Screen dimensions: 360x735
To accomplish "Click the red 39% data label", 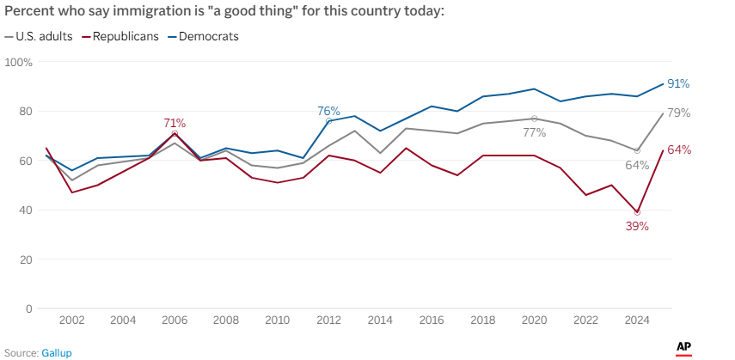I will pyautogui.click(x=637, y=226).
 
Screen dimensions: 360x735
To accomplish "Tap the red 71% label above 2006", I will pyautogui.click(x=175, y=123).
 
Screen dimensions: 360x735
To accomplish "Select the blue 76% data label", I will pyautogui.click(x=328, y=111).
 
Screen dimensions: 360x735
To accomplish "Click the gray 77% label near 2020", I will pyautogui.click(x=534, y=133).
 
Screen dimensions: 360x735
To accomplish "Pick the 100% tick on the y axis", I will pyautogui.click(x=18, y=63).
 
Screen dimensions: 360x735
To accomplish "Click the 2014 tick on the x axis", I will pyautogui.click(x=380, y=320).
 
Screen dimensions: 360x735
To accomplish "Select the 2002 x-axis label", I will pyautogui.click(x=71, y=320).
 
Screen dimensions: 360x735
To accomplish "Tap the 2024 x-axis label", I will pyautogui.click(x=637, y=320).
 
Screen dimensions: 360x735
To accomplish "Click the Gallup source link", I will pyautogui.click(x=57, y=352).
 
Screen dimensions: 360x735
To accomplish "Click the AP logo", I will pyautogui.click(x=684, y=348).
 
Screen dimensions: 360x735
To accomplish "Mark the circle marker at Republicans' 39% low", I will pyautogui.click(x=637, y=212).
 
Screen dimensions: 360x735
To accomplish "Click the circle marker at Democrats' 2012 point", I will pyautogui.click(x=328, y=121).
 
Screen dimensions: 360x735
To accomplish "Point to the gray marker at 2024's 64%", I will pyautogui.click(x=637, y=150).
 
